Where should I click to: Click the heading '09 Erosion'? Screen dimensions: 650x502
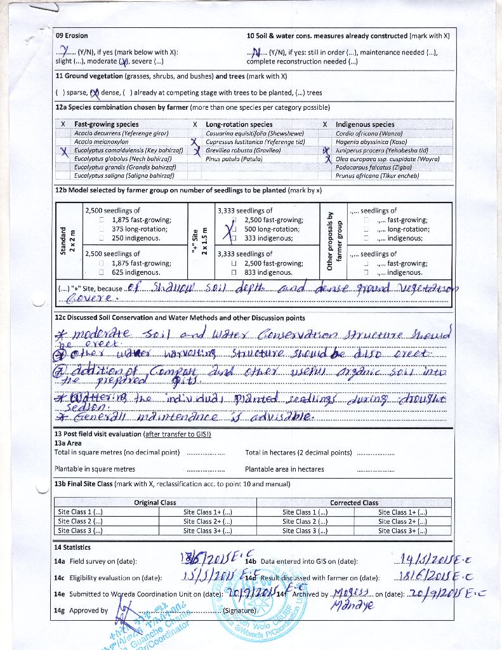pos(72,36)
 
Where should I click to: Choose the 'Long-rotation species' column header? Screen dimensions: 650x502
pos(239,124)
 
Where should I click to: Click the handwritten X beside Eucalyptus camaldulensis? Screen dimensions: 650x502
pos(64,151)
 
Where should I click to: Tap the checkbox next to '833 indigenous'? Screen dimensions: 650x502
pos(234,272)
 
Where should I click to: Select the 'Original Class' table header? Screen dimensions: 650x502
pos(155,503)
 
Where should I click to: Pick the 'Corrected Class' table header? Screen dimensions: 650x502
pos(353,503)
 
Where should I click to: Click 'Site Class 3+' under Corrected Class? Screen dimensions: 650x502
pos(402,531)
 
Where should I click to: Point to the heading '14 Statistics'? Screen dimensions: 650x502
pos(72,547)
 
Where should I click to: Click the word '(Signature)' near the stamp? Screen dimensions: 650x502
pos(239,611)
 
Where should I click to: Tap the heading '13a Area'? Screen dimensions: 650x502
pos(68,443)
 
